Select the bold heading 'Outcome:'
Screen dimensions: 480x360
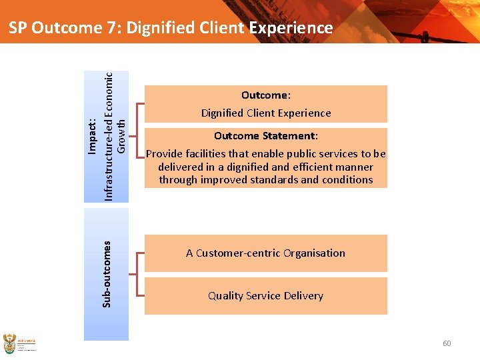coord(266,95)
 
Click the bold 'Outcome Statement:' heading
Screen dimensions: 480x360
coord(266,136)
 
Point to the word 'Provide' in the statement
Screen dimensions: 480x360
coord(164,154)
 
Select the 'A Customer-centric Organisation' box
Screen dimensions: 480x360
coord(266,253)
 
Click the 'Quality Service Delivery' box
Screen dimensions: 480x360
coord(266,296)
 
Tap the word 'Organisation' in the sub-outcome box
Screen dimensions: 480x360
coord(315,253)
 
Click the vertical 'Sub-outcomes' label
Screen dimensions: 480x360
coord(107,274)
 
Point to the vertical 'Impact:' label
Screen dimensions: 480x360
coord(93,135)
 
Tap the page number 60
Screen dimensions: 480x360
coord(447,343)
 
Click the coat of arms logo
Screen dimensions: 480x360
coord(11,343)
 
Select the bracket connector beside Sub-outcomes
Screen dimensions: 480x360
coord(138,274)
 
